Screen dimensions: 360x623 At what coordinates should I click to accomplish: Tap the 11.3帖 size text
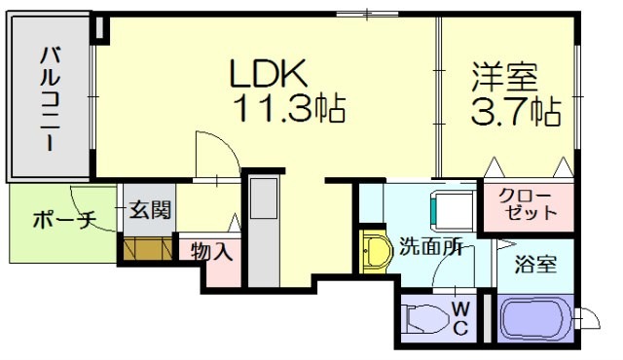click(x=289, y=109)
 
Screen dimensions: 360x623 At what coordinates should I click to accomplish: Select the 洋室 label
click(x=505, y=77)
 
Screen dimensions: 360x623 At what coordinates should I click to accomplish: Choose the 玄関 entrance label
click(x=149, y=210)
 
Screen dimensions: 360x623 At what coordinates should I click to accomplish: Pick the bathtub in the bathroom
click(x=534, y=319)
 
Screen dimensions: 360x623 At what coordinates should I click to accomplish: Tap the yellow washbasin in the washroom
click(x=373, y=251)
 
